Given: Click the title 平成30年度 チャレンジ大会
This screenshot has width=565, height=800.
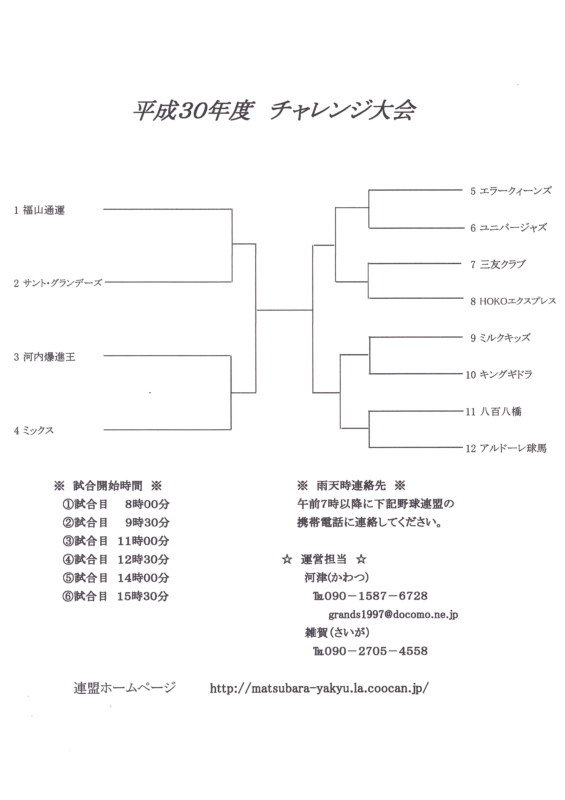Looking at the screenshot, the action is (274, 111).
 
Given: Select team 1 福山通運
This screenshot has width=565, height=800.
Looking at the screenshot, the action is (40, 210).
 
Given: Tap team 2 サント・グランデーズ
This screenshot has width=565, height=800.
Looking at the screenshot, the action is (58, 283).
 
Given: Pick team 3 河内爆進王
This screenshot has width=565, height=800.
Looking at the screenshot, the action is (45, 357).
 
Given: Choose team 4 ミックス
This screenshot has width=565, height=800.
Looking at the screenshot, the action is (34, 431).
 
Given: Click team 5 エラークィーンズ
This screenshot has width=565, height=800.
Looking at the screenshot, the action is (511, 191).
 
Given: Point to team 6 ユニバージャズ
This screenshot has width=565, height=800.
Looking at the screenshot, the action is (508, 228).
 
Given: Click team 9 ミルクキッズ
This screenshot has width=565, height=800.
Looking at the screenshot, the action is (500, 338).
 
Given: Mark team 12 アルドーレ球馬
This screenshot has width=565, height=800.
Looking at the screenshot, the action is (506, 448).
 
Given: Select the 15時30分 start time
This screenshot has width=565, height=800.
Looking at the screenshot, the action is (143, 596).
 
